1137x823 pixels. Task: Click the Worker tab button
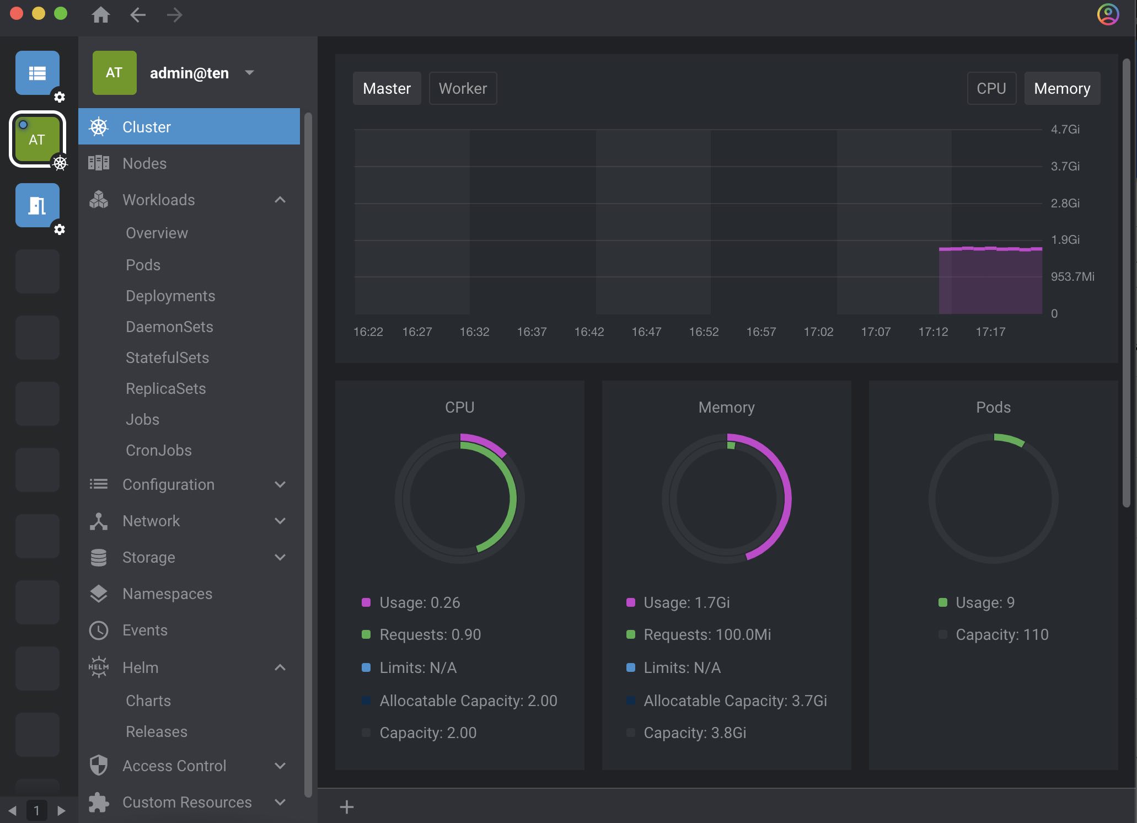tap(463, 88)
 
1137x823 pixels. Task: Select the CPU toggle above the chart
tap(991, 88)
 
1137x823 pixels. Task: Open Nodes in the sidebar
tap(144, 163)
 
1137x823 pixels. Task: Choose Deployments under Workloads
tap(170, 296)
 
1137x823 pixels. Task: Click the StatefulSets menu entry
tap(167, 357)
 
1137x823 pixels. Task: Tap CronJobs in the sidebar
tap(159, 450)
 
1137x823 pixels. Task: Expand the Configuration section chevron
tap(280, 484)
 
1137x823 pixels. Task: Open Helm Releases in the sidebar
tap(157, 731)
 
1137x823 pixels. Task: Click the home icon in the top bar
tap(100, 15)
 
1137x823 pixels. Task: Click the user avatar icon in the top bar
tap(1108, 15)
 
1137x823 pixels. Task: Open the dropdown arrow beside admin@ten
tap(249, 72)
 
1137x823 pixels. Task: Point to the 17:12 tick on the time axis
tap(933, 332)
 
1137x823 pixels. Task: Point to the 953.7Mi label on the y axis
tap(1072, 276)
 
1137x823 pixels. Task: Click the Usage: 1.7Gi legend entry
tap(687, 602)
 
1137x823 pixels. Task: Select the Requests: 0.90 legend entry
tap(430, 634)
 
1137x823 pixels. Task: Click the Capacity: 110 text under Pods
tap(1002, 634)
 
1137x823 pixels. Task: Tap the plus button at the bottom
tap(347, 807)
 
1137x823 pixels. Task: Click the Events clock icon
tap(99, 630)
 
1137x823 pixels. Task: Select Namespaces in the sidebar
tap(167, 594)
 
